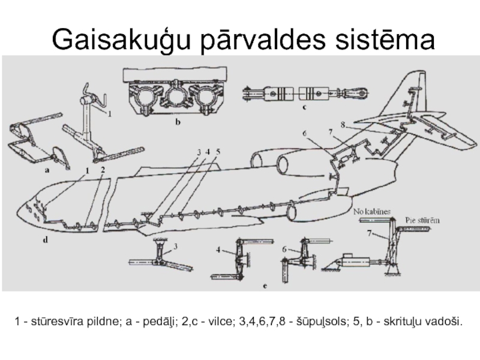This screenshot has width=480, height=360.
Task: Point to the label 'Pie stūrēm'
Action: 422,220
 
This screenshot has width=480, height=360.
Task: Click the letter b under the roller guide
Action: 177,121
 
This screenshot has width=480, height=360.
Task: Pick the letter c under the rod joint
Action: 305,109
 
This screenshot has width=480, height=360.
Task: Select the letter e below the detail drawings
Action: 264,286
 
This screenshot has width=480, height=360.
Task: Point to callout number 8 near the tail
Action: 343,124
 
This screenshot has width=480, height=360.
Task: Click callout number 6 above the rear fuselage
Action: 304,133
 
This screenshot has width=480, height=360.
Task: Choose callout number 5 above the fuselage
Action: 218,151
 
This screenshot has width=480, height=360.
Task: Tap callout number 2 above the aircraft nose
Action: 103,170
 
